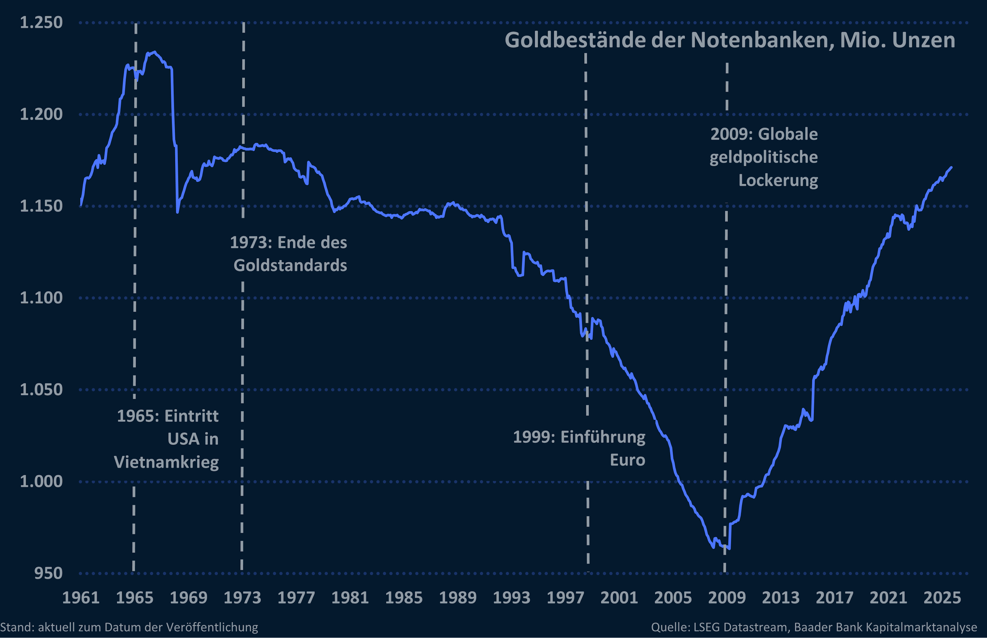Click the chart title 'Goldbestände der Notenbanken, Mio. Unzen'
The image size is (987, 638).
click(x=729, y=40)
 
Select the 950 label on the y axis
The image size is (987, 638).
click(x=48, y=573)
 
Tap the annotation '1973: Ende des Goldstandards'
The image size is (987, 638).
click(x=289, y=254)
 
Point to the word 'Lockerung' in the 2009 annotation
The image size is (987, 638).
click(x=778, y=181)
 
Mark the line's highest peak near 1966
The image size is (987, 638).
click(x=154, y=52)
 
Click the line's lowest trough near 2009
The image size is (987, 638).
click(x=729, y=548)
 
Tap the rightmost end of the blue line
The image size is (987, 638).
click(x=951, y=168)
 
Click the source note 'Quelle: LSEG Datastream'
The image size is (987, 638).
click(x=814, y=627)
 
